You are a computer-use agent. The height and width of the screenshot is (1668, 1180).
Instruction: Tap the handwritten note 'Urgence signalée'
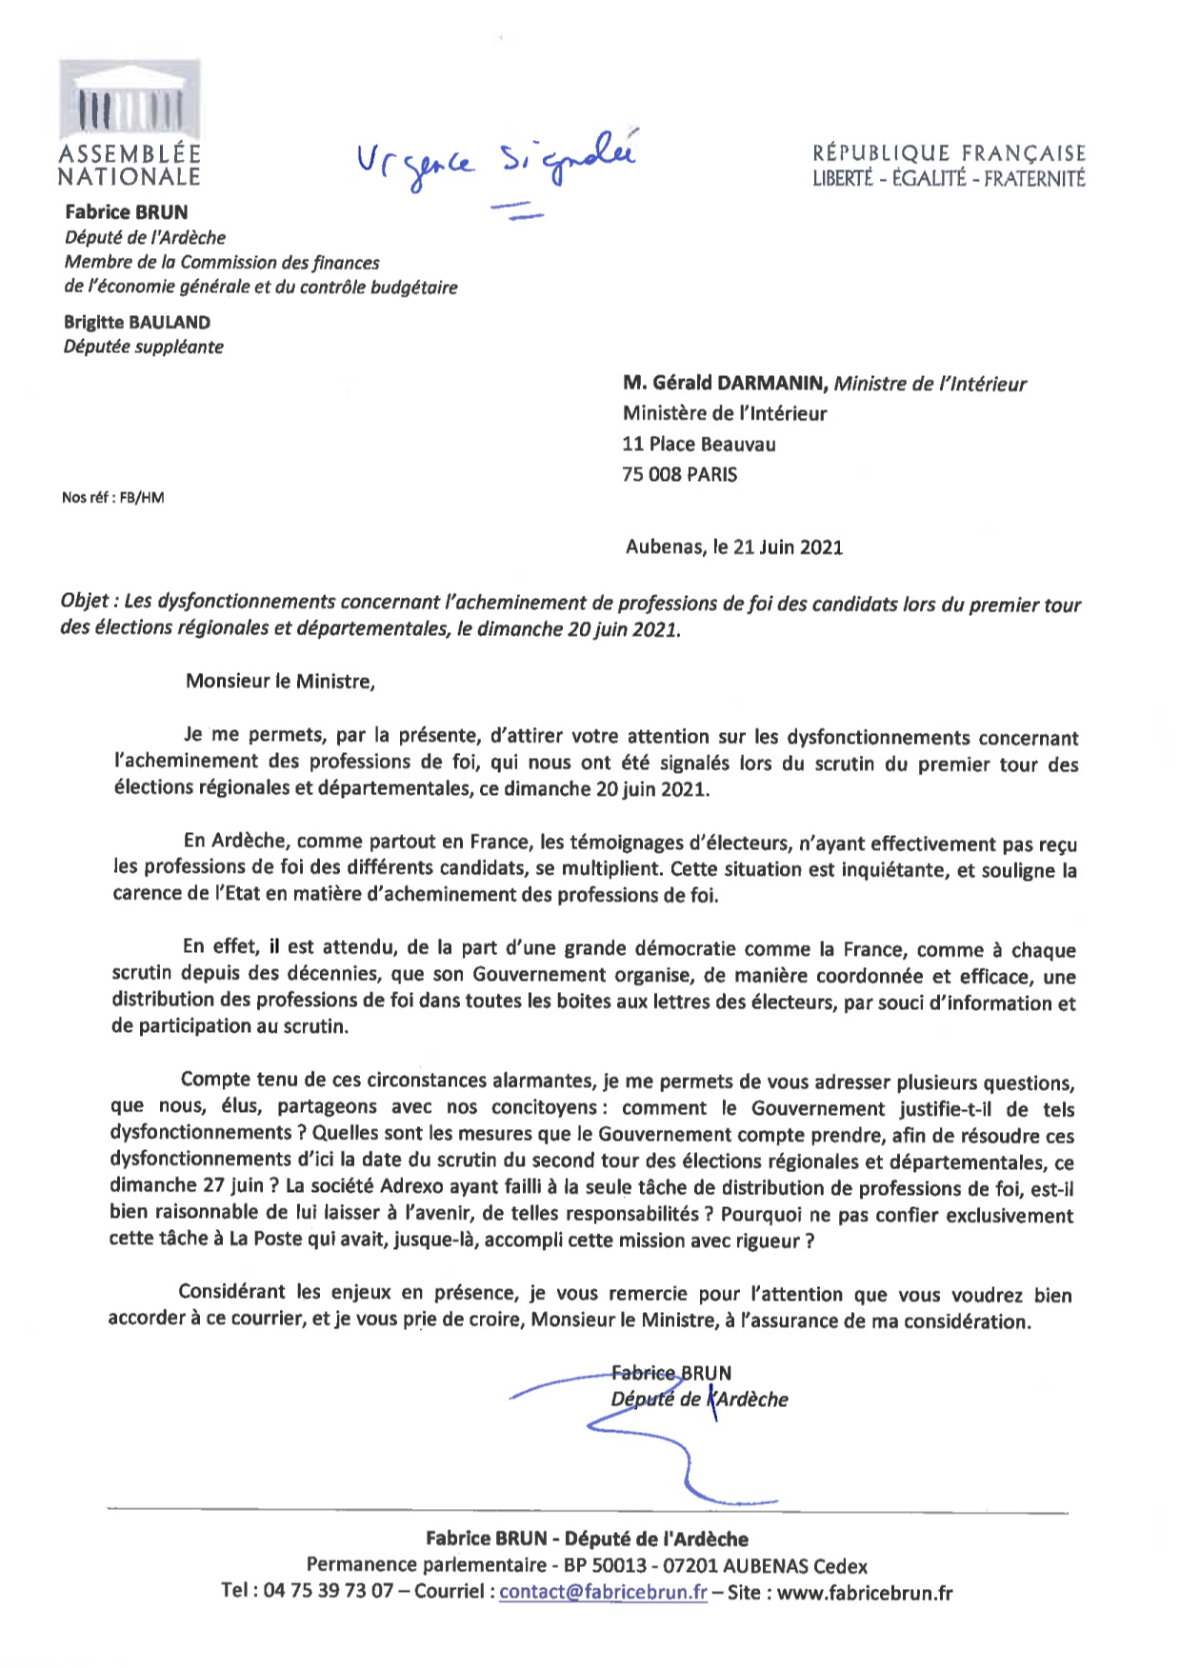pos(495,162)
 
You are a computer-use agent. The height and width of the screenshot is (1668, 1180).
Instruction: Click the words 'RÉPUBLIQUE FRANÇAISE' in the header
pos(949,153)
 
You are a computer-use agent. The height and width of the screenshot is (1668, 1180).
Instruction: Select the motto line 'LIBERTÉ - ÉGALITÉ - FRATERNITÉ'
pos(949,178)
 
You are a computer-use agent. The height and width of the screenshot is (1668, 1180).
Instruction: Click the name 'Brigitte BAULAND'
pos(137,322)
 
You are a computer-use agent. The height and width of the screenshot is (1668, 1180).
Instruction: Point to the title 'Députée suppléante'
pos(144,347)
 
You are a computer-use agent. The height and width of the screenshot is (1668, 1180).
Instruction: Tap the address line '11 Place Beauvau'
pos(699,444)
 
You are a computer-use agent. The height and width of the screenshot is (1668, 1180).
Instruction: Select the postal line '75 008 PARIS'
pos(680,474)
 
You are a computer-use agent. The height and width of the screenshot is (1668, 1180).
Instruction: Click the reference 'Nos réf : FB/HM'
pos(112,497)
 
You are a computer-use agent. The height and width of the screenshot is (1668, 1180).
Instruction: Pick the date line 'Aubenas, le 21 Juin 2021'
pos(734,546)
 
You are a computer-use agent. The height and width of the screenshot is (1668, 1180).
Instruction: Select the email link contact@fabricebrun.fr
pos(603,1592)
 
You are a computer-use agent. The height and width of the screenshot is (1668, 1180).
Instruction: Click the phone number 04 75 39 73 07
pos(329,1592)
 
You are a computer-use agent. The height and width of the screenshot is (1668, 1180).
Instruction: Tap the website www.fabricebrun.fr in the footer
pos(864,1592)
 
